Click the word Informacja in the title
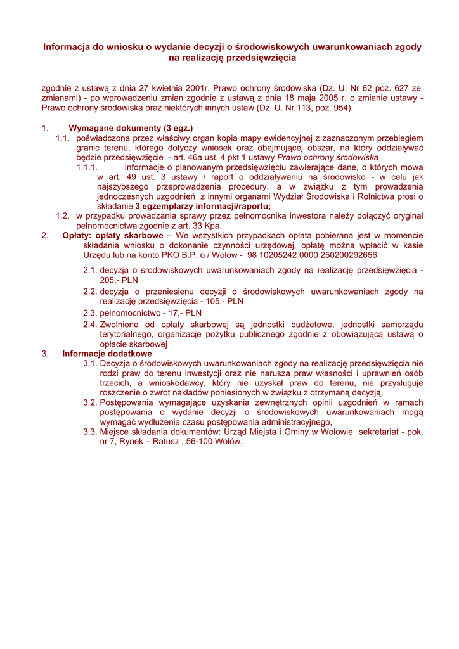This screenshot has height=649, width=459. pyautogui.click(x=65, y=47)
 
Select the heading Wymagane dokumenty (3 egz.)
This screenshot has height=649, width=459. pyautogui.click(x=131, y=128)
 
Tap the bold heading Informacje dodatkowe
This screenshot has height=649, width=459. pyautogui.click(x=107, y=354)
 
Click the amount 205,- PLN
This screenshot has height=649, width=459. pyautogui.click(x=119, y=279)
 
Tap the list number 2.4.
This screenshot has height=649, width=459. pyautogui.click(x=90, y=324)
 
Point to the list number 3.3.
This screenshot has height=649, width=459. pyautogui.click(x=90, y=432)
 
